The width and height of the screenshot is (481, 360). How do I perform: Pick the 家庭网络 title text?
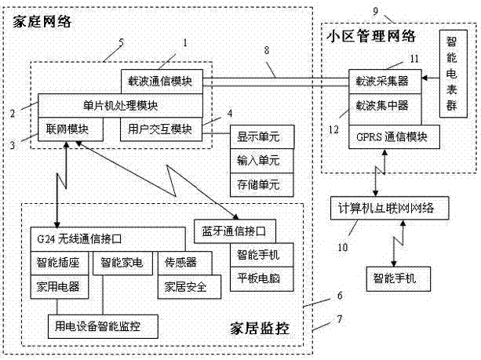42,23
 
